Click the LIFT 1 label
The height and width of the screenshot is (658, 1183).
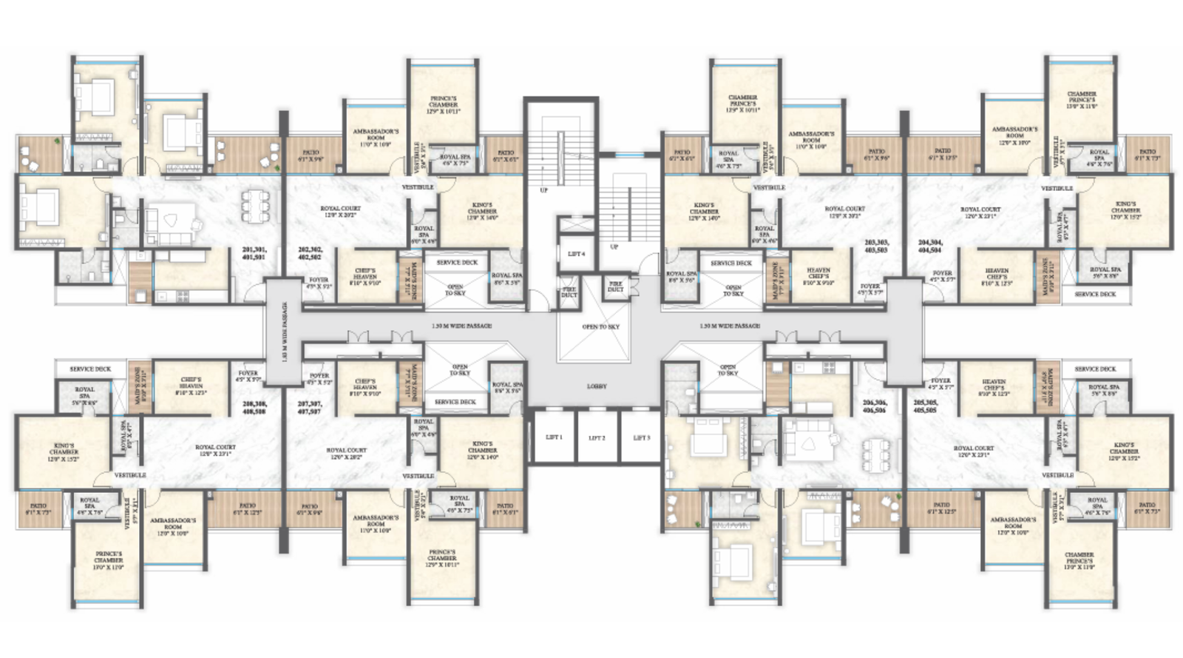click(x=554, y=437)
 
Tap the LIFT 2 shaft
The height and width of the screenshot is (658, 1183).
click(x=597, y=438)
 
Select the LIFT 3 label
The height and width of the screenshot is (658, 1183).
click(x=641, y=437)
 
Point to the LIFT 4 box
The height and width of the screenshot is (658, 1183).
click(x=576, y=254)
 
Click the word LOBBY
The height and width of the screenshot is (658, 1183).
click(x=597, y=386)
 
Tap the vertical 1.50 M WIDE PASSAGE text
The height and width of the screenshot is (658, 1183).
click(x=285, y=332)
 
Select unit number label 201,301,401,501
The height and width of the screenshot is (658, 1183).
click(x=254, y=253)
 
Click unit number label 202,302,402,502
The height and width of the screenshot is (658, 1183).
click(x=309, y=253)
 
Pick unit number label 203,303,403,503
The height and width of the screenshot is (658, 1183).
click(x=876, y=246)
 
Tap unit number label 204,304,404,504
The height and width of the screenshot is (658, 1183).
click(x=930, y=246)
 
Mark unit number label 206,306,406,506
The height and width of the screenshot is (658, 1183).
click(x=874, y=406)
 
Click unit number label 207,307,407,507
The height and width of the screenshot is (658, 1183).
click(x=309, y=408)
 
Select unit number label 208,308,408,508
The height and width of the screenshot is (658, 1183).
click(x=254, y=408)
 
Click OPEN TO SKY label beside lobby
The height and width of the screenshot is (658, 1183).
click(x=600, y=326)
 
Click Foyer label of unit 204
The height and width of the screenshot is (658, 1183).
click(x=942, y=276)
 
